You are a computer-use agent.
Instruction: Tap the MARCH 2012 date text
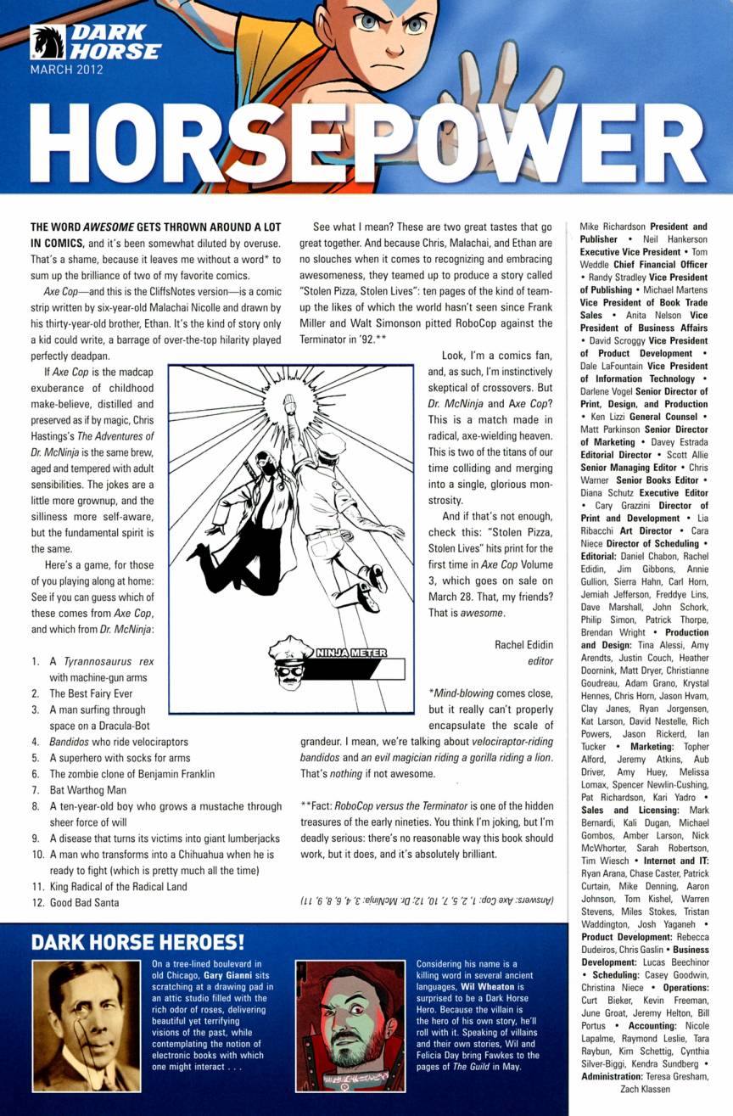pyautogui.click(x=66, y=70)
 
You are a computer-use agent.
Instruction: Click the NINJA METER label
pyautogui.click(x=350, y=653)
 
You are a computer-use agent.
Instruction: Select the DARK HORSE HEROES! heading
pyautogui.click(x=137, y=942)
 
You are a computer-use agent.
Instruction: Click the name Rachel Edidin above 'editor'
pyautogui.click(x=523, y=644)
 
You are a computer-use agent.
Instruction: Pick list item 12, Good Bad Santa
pyautogui.click(x=84, y=903)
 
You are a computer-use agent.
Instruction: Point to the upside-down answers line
pyautogui.click(x=426, y=900)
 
